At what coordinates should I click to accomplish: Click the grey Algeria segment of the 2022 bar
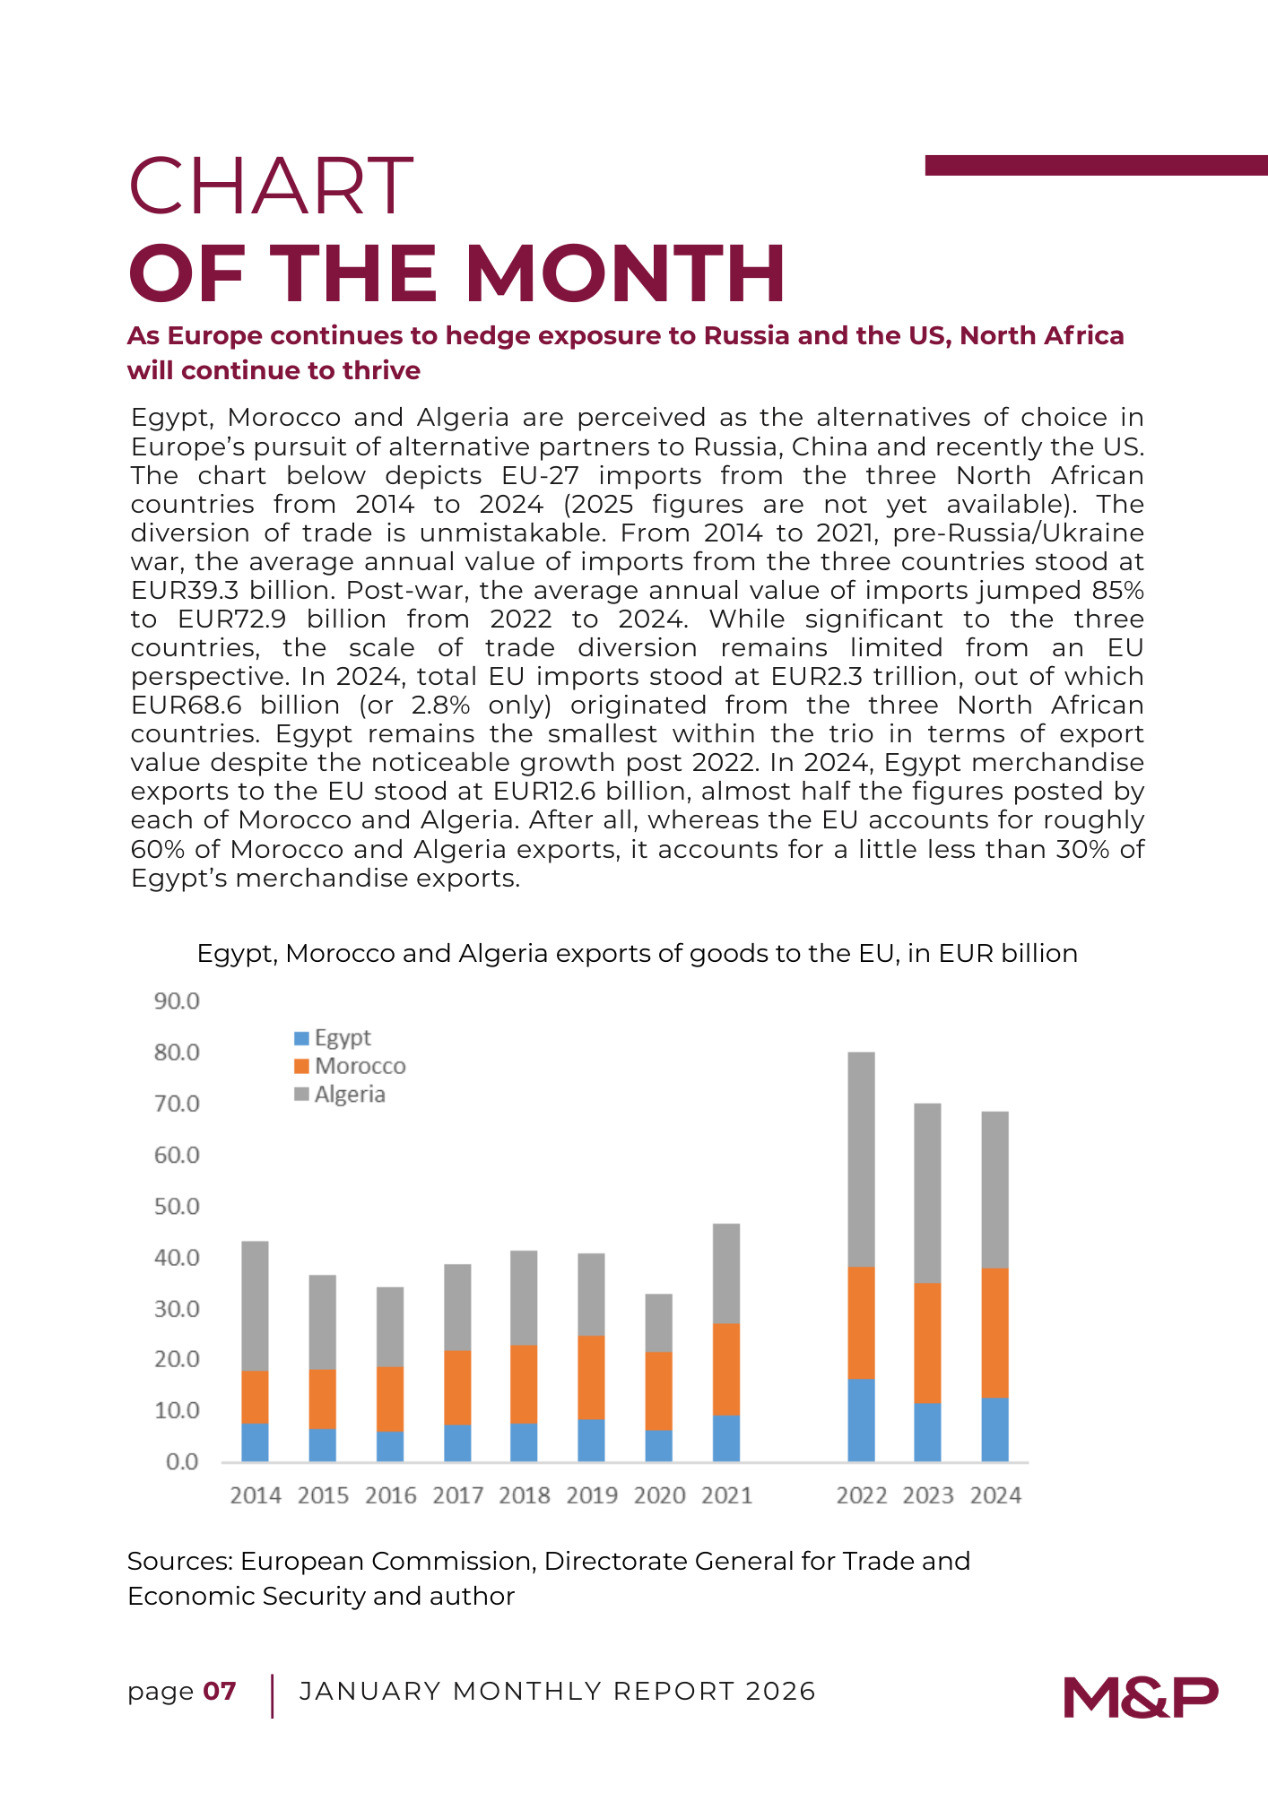point(861,1159)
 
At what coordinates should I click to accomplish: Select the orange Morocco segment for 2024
point(994,1332)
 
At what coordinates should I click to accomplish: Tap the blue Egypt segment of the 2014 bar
point(256,1442)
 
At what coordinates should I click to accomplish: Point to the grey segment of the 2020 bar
point(658,1322)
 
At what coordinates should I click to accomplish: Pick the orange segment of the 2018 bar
point(524,1383)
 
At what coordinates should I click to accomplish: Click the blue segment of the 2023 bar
point(927,1432)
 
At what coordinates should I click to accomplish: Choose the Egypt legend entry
point(333,1037)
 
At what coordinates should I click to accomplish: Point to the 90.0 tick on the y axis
point(177,1000)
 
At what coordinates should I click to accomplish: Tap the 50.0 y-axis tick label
point(177,1206)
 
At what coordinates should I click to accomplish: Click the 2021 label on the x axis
point(726,1495)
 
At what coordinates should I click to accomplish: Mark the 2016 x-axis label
point(390,1495)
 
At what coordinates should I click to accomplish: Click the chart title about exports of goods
point(637,953)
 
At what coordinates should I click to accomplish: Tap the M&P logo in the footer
point(1141,1696)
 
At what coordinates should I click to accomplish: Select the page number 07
point(220,1692)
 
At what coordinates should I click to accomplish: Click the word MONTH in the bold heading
point(626,273)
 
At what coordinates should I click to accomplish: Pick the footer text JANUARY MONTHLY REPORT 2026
point(557,1692)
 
